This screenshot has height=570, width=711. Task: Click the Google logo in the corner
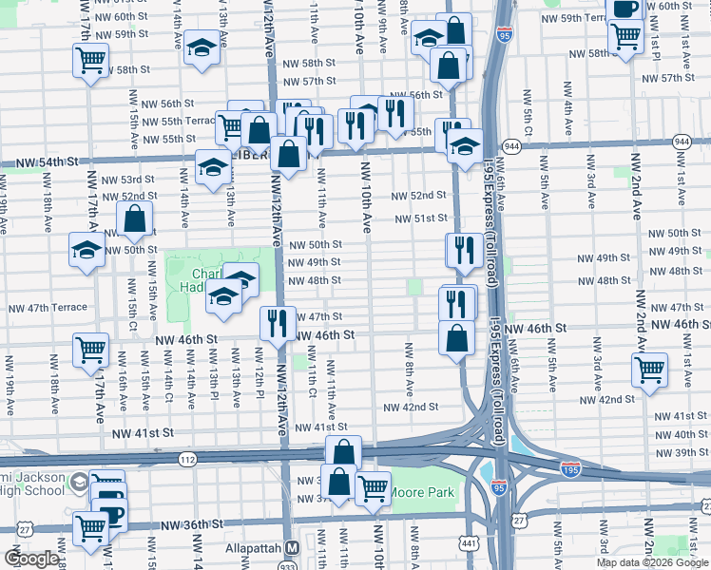coord(30,559)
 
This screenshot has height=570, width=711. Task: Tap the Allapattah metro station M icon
coord(292,548)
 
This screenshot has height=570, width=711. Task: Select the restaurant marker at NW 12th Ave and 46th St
coord(276,322)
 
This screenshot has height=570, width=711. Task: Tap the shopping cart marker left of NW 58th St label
coord(89,61)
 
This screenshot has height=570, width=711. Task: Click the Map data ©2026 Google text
coord(652,562)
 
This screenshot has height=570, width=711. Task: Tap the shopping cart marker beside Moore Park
coord(373,487)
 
